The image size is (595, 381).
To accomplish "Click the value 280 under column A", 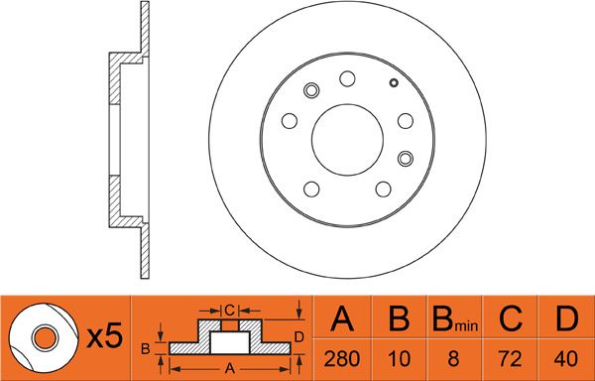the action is (x=342, y=358).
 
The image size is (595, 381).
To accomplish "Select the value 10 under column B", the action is (x=400, y=358).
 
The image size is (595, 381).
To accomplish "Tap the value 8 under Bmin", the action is (x=453, y=358).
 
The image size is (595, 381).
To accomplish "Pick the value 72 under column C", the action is (x=511, y=358).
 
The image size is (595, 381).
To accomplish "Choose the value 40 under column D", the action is (x=566, y=358).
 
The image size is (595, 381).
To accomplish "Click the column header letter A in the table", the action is (x=342, y=318).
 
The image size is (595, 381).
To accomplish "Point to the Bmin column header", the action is (x=455, y=319).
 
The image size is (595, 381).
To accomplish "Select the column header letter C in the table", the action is (x=511, y=318).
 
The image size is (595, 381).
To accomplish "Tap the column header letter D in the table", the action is (x=566, y=318).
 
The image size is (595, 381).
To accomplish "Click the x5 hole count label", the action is (x=105, y=335).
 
